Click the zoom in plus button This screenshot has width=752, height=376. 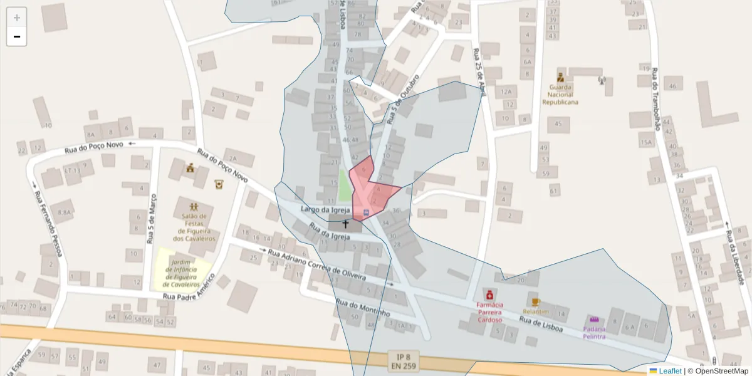[17, 18]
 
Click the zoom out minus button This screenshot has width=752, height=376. [17, 36]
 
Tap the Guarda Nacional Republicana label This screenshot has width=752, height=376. [560, 94]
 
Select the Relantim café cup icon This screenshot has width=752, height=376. [535, 302]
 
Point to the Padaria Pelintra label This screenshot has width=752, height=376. [594, 332]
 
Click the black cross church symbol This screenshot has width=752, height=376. [345, 224]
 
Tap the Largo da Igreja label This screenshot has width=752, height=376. [324, 209]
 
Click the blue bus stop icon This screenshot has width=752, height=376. [366, 213]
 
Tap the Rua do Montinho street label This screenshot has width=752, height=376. [363, 308]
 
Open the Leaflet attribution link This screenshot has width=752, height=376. [670, 371]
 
